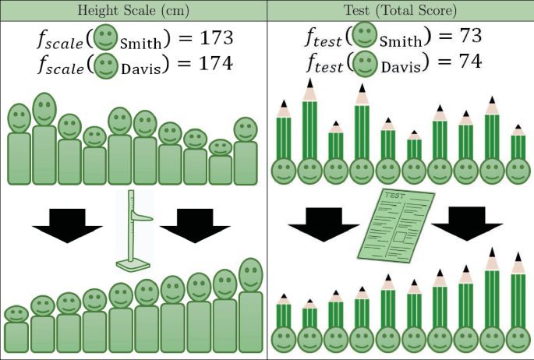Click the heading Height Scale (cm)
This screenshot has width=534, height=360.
133,10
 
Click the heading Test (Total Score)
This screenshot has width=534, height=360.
400,10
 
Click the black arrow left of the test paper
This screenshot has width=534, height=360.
322,225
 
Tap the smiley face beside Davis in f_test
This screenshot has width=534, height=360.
362,63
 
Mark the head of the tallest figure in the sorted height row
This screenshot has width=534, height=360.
250,274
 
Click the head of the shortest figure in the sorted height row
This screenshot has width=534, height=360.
16,313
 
